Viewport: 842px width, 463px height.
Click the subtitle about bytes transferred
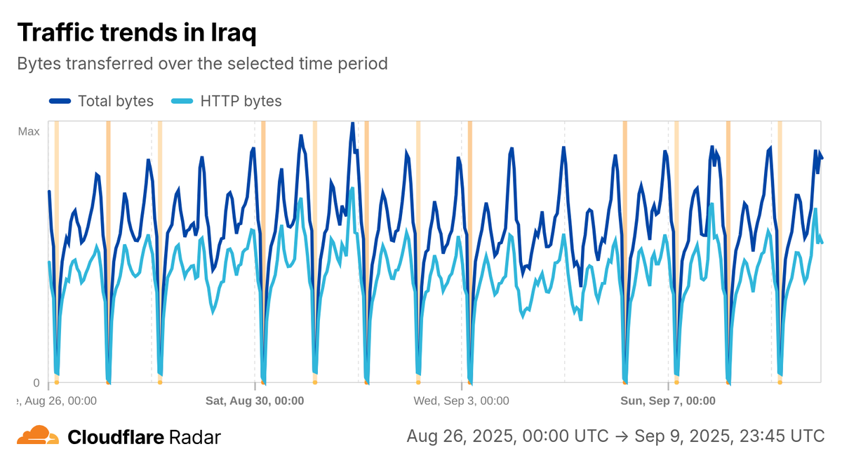(202, 64)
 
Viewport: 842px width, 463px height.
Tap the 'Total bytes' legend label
(116, 101)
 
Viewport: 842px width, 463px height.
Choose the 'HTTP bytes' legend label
(241, 101)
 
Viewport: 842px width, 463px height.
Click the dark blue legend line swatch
(60, 101)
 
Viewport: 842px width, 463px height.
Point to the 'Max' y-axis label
(29, 131)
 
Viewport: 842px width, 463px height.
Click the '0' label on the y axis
(36, 383)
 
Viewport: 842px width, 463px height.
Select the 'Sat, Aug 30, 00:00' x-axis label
(254, 401)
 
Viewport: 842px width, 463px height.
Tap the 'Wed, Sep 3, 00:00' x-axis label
(461, 401)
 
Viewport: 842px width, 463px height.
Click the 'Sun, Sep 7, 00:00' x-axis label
(668, 401)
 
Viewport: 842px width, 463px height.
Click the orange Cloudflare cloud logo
(38, 436)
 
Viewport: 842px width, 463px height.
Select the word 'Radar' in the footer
(195, 437)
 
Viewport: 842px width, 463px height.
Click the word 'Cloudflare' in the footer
(116, 437)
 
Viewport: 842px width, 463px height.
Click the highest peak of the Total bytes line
(352, 123)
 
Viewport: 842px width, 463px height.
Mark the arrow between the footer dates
(622, 436)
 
